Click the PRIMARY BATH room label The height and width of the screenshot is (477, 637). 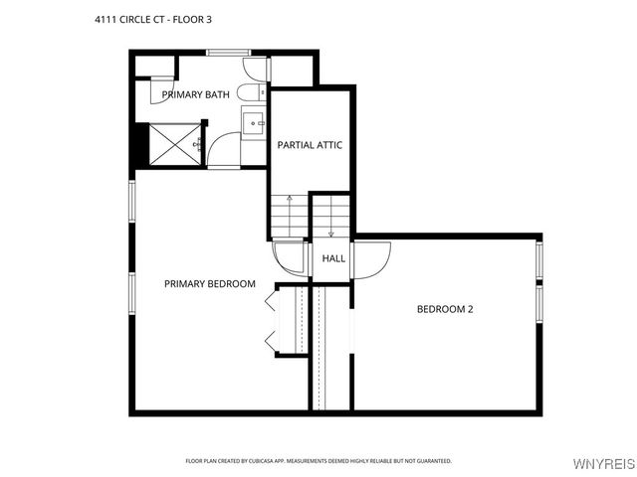[x=196, y=95]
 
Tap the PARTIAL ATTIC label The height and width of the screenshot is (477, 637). [x=310, y=145]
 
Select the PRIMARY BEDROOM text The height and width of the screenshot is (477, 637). [x=209, y=284]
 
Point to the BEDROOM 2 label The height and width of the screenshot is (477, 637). [x=444, y=309]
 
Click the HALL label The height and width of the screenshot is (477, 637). [x=333, y=258]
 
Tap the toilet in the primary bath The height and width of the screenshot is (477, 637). [x=254, y=70]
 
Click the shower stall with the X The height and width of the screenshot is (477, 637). [x=175, y=144]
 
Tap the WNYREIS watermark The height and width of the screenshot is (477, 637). [x=603, y=464]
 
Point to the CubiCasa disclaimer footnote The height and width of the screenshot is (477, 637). [x=318, y=461]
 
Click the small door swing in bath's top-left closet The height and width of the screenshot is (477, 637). [x=159, y=90]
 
